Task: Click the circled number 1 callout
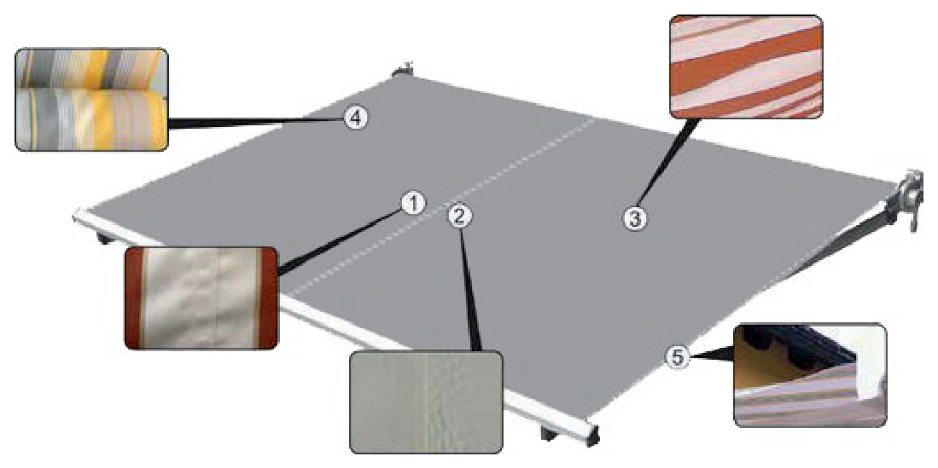coord(412,204)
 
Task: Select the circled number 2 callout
coord(459,217)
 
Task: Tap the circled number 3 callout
coord(635,219)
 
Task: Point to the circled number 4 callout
coord(356,118)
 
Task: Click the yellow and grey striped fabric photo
coord(91,99)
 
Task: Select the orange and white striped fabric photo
coord(747,66)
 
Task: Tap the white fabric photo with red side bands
coord(201,298)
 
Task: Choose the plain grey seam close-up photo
coord(426,402)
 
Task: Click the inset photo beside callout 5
coord(810,375)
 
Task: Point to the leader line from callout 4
coord(256,122)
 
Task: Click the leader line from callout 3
coord(667,162)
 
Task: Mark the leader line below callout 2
coord(469,289)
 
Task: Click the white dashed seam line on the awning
coord(444,205)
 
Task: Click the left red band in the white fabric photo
coord(134,298)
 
